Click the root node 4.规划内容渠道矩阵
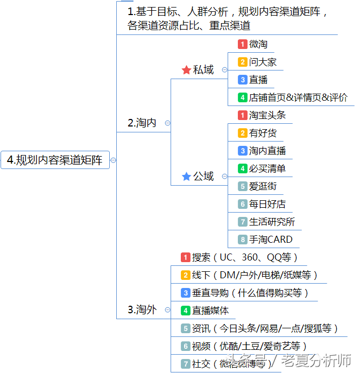point(55,160)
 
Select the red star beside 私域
point(187,70)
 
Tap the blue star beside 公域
point(187,177)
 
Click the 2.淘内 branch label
point(142,123)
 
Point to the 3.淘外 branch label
point(142,309)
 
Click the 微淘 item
point(258,44)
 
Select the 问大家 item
point(263,62)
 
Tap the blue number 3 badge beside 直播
point(243,80)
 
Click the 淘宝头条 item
point(267,115)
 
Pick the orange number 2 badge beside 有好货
point(243,133)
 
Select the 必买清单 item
point(267,168)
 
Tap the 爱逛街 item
point(263,186)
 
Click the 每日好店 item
point(267,204)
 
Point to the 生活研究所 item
point(272,222)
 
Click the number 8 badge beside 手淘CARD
point(243,240)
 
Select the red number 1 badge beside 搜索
point(186,257)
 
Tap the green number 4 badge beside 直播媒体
point(186,311)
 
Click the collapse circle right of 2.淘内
point(167,123)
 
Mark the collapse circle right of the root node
point(113,160)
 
